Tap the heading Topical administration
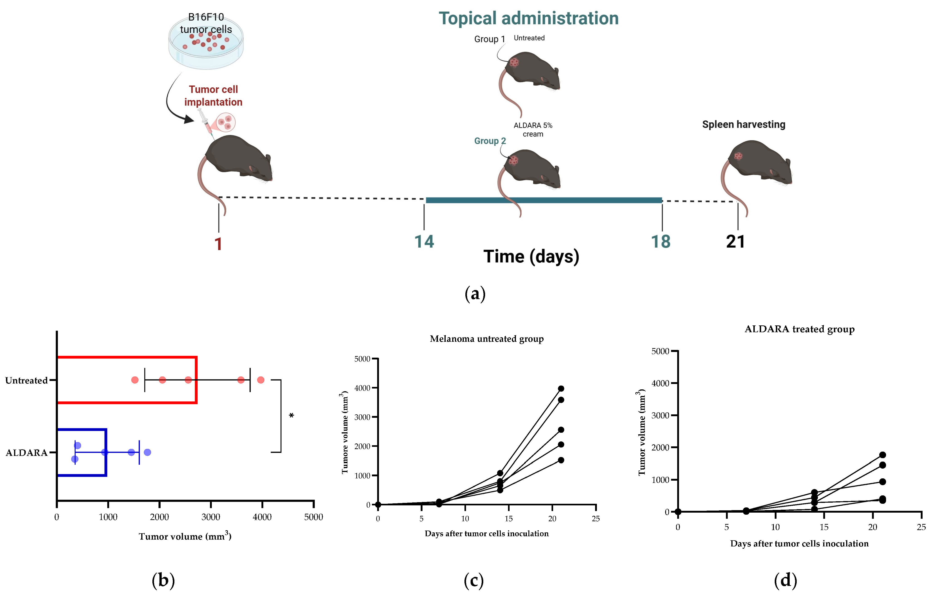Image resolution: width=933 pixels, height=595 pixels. click(528, 19)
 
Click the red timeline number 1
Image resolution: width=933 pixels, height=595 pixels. click(218, 244)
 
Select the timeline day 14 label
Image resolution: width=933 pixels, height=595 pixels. click(424, 241)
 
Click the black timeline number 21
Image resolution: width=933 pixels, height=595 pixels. click(735, 241)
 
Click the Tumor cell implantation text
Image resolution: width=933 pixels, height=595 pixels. click(213, 96)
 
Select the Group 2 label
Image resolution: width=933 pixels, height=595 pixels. click(490, 141)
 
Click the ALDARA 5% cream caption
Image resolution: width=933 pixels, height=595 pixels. click(533, 130)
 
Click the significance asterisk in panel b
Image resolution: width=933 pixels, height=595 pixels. click(291, 416)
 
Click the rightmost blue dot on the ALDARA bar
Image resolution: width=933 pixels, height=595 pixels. click(147, 452)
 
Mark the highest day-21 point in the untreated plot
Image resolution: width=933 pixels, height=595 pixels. click(561, 388)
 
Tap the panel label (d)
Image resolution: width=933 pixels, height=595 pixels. click(785, 580)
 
